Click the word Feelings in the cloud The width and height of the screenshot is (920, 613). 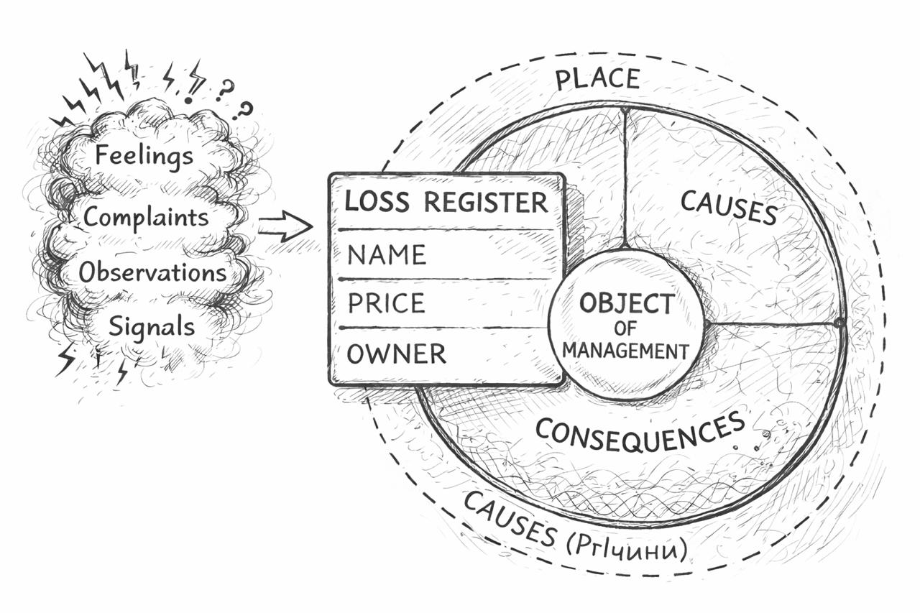point(144,155)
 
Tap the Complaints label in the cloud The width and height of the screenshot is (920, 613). point(146,217)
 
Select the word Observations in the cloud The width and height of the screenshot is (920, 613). point(152,272)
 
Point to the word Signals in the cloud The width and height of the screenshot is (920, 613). point(151,327)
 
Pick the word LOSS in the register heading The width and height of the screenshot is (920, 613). point(376,202)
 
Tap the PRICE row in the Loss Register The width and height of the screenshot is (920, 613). point(387,303)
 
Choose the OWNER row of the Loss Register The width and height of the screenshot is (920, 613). point(397,354)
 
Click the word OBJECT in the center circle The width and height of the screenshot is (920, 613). point(627,304)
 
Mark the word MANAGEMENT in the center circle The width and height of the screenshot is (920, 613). point(625,351)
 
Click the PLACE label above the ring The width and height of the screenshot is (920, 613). point(597,78)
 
